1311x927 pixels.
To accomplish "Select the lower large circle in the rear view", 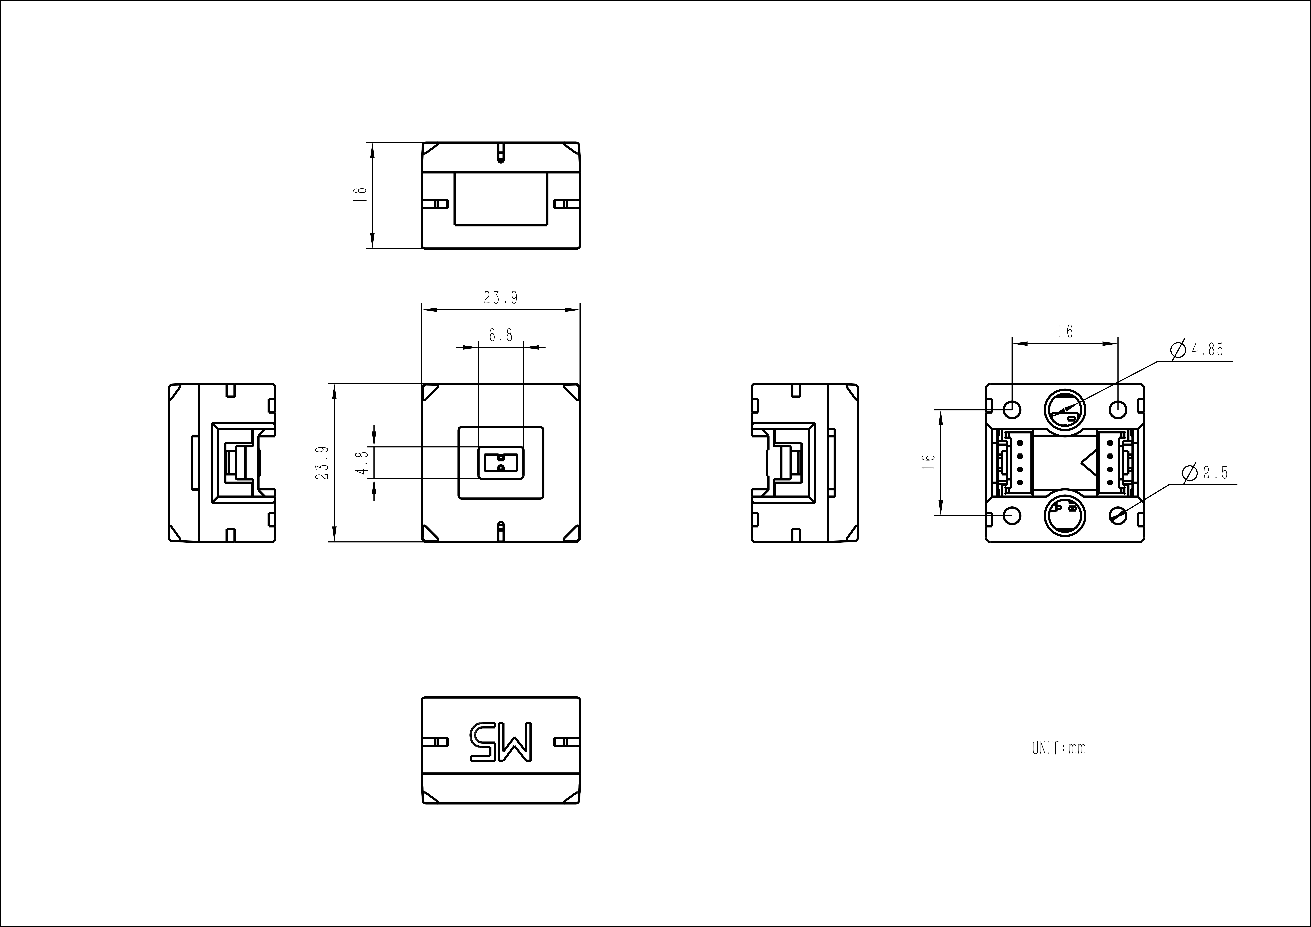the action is tap(1065, 515).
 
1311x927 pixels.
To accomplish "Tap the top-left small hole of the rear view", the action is tap(1012, 409).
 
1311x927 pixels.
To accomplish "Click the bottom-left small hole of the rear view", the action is tap(1012, 515).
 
